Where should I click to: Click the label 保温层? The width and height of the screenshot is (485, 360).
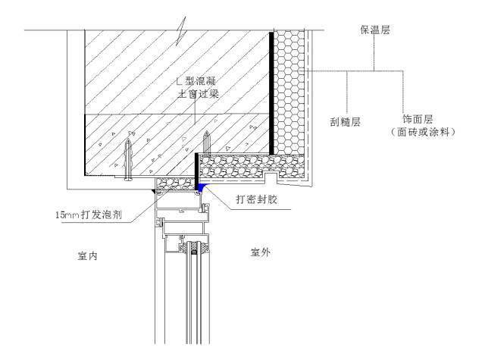coord(374,30)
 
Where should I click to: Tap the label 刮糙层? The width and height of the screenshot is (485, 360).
coord(345,121)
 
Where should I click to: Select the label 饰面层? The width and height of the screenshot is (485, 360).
coord(418,120)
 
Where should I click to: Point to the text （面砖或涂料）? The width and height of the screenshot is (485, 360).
coord(423,133)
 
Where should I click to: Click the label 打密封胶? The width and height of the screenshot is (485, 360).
coord(257,199)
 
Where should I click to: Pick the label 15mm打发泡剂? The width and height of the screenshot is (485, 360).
coord(89,214)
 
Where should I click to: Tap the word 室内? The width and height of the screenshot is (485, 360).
coord(88,255)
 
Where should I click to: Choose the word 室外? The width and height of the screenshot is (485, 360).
coord(260,252)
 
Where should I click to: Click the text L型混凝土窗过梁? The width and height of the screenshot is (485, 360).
coord(197,87)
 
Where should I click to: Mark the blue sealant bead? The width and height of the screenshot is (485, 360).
coord(202,186)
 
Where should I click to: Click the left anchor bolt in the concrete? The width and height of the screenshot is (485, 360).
coord(128,160)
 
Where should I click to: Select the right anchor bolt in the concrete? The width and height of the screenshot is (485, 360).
coord(207,142)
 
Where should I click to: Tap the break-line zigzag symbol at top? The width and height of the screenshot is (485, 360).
coord(181,31)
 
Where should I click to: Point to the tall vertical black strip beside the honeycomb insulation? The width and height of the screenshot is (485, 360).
coord(271,92)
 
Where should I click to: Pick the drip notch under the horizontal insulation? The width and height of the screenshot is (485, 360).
coord(271,177)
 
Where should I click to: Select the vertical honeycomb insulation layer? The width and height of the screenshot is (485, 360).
coord(289,92)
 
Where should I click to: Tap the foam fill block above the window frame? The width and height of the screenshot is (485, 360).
coord(176,185)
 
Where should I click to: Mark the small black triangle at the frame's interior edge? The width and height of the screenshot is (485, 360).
coord(153,192)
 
